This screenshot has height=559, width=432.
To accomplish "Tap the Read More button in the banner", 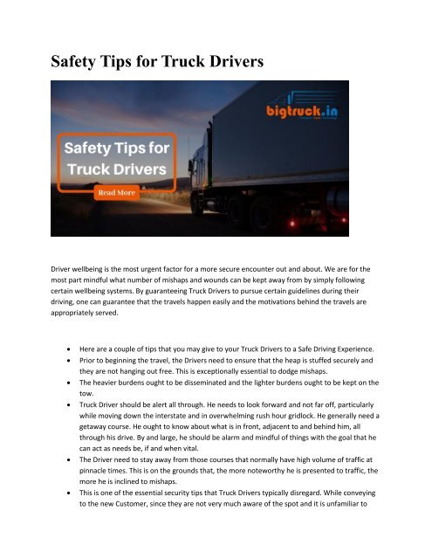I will click(x=114, y=191).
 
